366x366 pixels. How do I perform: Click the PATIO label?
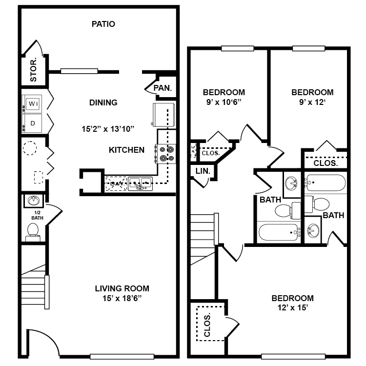pyautogui.click(x=103, y=24)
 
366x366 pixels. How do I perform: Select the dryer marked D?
pyautogui.click(x=32, y=123)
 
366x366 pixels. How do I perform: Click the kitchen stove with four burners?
pyautogui.click(x=165, y=154)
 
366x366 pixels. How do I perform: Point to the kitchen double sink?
pyautogui.click(x=140, y=183)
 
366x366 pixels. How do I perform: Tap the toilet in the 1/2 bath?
pyautogui.click(x=33, y=232)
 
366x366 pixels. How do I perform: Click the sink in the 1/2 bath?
pyautogui.click(x=34, y=201)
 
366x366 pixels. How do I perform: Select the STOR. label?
pyautogui.click(x=33, y=70)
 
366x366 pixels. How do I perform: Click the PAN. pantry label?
pyautogui.click(x=163, y=88)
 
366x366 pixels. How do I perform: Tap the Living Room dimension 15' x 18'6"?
pyautogui.click(x=122, y=298)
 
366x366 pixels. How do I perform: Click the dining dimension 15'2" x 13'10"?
pyautogui.click(x=108, y=129)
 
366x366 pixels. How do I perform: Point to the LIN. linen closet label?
pyautogui.click(x=203, y=171)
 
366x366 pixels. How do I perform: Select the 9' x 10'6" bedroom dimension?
pyautogui.click(x=224, y=102)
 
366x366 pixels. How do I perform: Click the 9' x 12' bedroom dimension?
pyautogui.click(x=312, y=102)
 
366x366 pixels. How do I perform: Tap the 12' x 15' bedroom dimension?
pyautogui.click(x=293, y=307)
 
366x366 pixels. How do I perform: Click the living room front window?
pyautogui.click(x=122, y=356)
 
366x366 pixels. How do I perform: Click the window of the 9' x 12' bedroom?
pyautogui.click(x=308, y=48)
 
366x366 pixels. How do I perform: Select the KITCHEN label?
pyautogui.click(x=126, y=150)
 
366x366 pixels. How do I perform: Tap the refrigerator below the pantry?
pyautogui.click(x=164, y=115)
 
